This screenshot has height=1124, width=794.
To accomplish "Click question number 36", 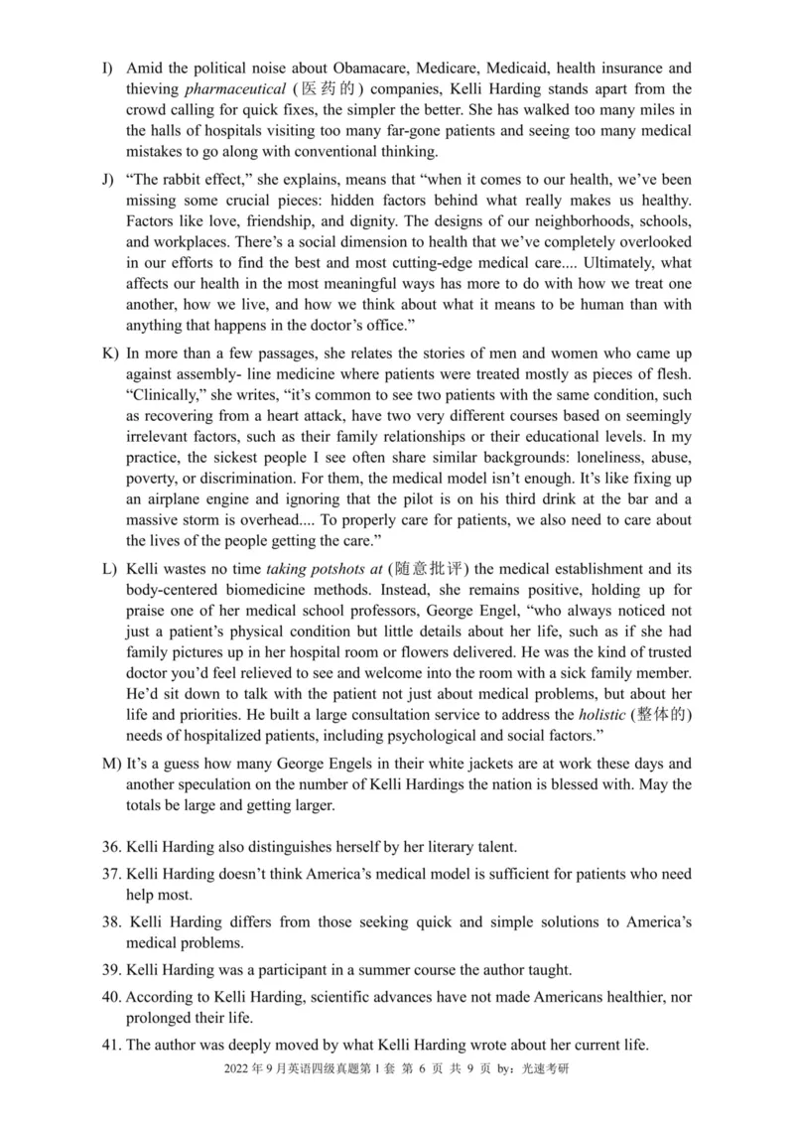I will pos(111,847).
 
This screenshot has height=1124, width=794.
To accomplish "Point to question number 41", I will pos(111,1044).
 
